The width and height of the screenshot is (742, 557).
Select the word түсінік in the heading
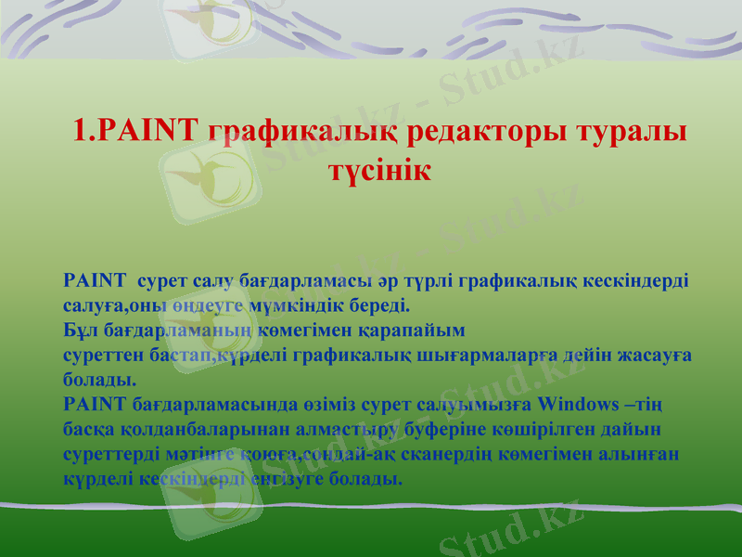[x=379, y=171]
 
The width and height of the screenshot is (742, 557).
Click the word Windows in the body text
[x=590, y=405]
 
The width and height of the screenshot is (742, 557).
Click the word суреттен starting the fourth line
[x=100, y=355]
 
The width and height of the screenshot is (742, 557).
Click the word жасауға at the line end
[x=661, y=355]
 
